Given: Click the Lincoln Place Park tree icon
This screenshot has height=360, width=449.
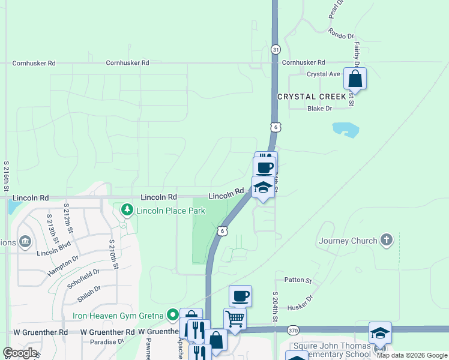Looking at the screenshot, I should (x=127, y=210).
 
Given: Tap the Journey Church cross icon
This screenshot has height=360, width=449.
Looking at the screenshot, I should (x=387, y=241).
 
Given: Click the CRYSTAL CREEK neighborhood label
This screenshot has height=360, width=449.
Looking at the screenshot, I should (x=312, y=97).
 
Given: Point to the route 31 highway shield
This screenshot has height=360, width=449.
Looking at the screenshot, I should (x=275, y=49).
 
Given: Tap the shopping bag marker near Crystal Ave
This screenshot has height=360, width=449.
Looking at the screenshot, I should (x=355, y=79).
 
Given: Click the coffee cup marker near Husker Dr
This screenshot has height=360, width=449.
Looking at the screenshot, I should (x=240, y=296).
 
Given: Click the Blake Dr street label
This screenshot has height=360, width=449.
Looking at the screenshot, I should (x=319, y=109).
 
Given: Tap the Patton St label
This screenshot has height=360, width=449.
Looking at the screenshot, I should (x=298, y=280).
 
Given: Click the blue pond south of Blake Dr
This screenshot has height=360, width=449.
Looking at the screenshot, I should (x=345, y=129).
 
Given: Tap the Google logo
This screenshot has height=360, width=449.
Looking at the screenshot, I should (x=20, y=352).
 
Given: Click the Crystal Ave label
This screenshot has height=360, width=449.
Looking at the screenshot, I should (x=324, y=74).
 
